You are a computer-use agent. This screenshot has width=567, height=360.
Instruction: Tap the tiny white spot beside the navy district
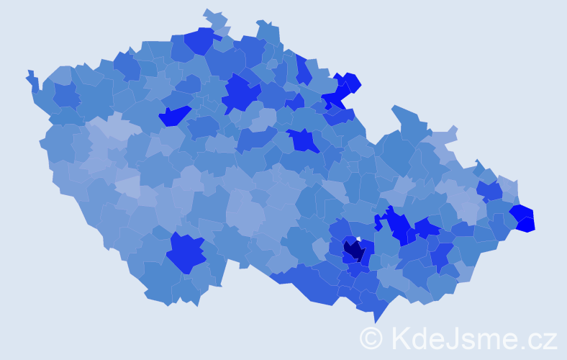pos(358,240)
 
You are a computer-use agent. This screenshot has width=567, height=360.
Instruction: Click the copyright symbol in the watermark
pos(371,338)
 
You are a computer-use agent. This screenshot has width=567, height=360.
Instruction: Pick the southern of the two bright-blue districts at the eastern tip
pos(526,224)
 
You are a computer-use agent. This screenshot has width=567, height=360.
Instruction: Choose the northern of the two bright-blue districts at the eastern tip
pos(521,212)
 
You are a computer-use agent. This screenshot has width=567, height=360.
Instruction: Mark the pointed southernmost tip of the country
pos(376,318)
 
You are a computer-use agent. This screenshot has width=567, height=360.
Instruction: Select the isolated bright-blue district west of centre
pos(175,115)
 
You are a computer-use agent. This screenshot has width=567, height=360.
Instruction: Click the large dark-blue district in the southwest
pos(186,253)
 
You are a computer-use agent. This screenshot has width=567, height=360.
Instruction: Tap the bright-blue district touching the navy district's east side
pos(368,251)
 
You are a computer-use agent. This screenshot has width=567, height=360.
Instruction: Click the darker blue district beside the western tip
pos(65,95)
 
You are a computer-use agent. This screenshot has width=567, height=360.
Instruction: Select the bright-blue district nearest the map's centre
pos(303,140)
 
